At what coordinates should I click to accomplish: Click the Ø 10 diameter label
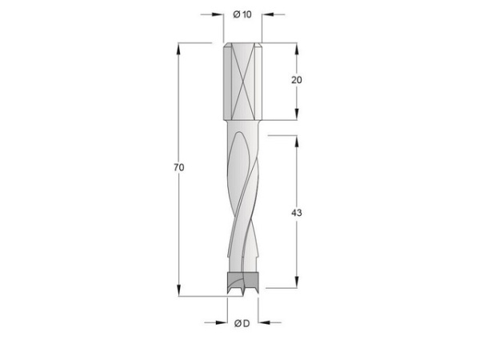[x=242, y=14]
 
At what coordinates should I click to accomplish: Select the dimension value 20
[x=298, y=80]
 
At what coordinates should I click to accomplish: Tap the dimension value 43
[x=298, y=214]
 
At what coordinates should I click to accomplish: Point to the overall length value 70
[x=179, y=168]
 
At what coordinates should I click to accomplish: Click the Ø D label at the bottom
[x=242, y=323]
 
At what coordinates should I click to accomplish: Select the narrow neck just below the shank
[x=241, y=123]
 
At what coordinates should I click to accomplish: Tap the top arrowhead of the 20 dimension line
[x=298, y=48]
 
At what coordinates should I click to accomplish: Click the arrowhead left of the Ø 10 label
[x=218, y=14]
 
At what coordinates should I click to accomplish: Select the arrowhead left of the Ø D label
[x=223, y=323]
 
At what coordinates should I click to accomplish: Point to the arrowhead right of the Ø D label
[x=260, y=323]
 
